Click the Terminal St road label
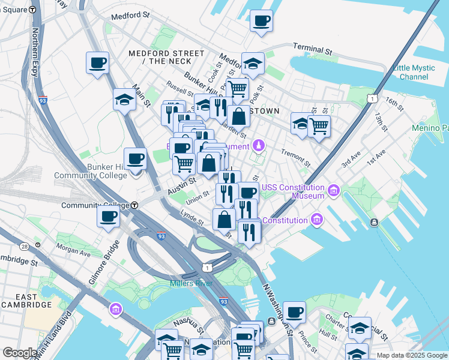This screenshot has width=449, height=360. tap(312, 49)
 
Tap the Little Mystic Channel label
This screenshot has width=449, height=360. tap(414, 72)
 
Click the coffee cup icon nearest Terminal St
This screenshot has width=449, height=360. tap(261, 22)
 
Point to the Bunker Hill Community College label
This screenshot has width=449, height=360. tap(90, 170)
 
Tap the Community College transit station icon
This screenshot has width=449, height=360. tap(135, 205)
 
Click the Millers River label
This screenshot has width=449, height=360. tap(191, 283)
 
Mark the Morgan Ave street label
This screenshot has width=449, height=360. tap(73, 247)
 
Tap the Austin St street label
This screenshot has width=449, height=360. tap(181, 184)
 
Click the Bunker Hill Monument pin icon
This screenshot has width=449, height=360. tap(259, 146)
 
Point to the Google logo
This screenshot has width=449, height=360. tap(20, 353)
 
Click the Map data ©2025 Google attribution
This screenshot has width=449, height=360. tap(411, 355)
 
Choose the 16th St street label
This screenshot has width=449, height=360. tap(395, 103)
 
